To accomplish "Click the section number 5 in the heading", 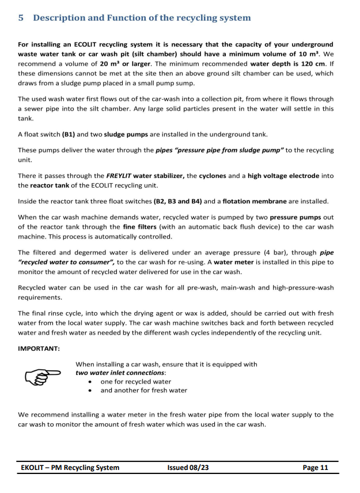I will click(x=21, y=18).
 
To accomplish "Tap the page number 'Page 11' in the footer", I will click(x=315, y=467).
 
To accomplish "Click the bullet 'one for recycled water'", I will click(x=135, y=381).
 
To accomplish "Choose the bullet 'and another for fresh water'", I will click(x=143, y=390).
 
